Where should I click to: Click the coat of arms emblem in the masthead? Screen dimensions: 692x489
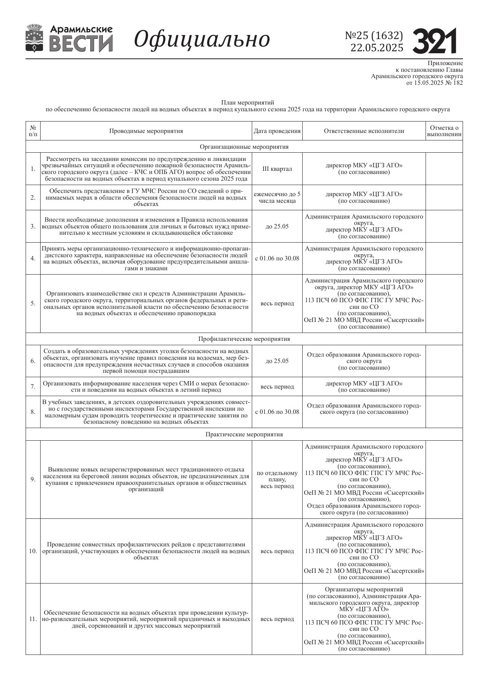click(x=35, y=38)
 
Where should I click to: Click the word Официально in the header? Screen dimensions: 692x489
click(x=202, y=39)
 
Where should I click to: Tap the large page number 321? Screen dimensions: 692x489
click(x=435, y=41)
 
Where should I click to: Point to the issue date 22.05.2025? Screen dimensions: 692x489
click(x=377, y=48)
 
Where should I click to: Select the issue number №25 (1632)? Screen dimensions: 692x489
click(x=374, y=36)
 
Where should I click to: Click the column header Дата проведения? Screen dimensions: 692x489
click(x=277, y=131)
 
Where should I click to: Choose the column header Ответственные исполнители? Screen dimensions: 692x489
click(x=364, y=131)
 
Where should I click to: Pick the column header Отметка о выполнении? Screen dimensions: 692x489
click(x=444, y=131)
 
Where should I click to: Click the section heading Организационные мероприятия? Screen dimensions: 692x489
click(x=244, y=147)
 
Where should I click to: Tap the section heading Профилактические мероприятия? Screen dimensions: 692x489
click(x=244, y=339)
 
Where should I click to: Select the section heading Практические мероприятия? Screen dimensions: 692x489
click(x=244, y=434)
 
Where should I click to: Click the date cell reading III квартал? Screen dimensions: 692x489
click(x=277, y=169)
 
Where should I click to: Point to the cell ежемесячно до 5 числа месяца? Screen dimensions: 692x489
click(x=277, y=197)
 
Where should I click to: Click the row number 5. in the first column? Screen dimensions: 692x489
click(x=33, y=303)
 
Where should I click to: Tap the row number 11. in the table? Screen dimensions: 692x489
click(x=33, y=619)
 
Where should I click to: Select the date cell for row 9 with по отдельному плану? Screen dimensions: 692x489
click(x=277, y=479)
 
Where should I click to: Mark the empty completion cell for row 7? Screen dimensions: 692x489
click(x=444, y=387)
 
